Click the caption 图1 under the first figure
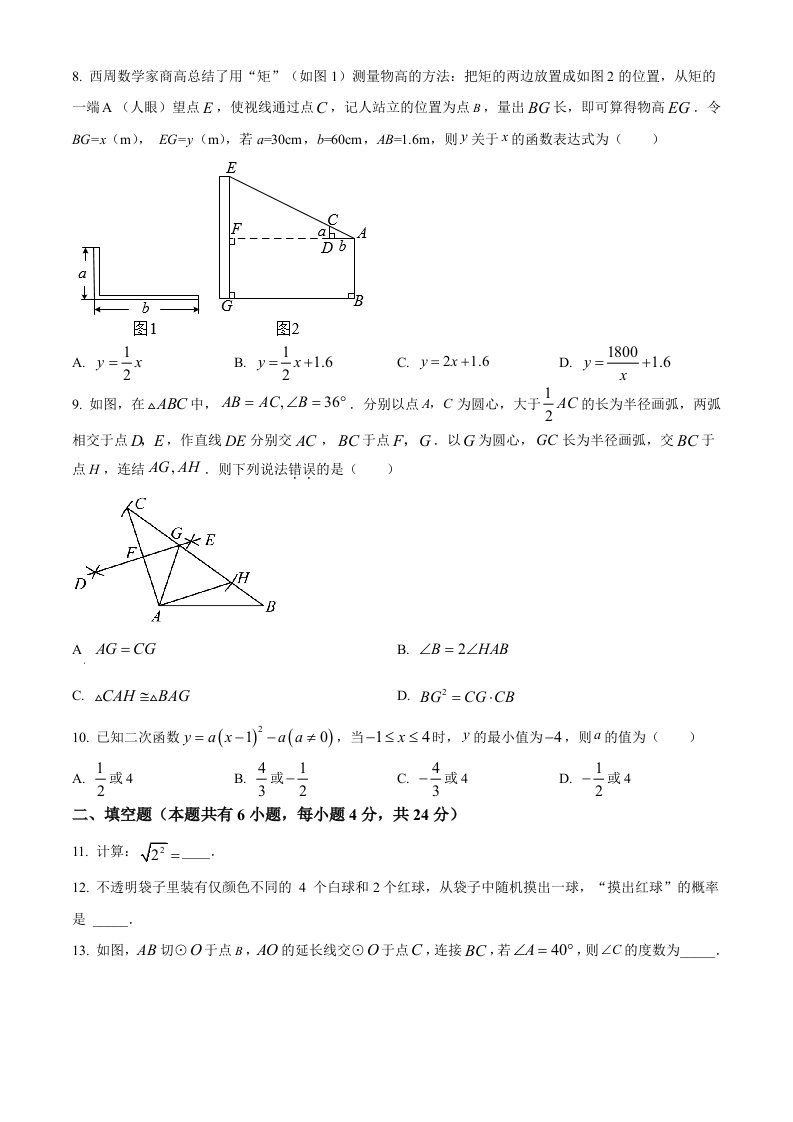(146, 328)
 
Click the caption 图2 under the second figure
(288, 328)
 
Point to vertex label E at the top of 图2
(231, 168)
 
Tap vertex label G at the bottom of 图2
(227, 306)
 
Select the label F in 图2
(235, 230)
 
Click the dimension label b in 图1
(146, 309)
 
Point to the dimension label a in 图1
(84, 272)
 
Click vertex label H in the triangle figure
(242, 577)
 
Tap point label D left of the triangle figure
(80, 584)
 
